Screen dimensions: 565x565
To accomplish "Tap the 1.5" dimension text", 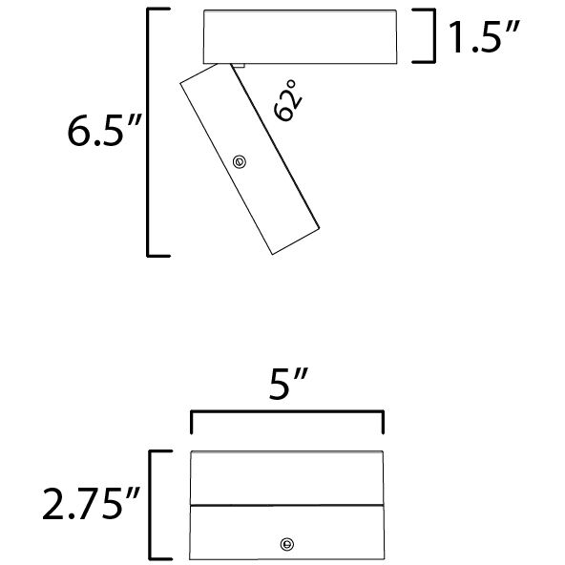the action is pyautogui.click(x=484, y=37).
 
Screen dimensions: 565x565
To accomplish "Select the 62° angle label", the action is pyautogui.click(x=288, y=100).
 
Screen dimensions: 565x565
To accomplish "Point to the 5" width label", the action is pyautogui.click(x=288, y=384).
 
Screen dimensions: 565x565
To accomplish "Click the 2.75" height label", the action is pyautogui.click(x=91, y=503).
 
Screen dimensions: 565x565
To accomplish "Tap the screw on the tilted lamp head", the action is pyautogui.click(x=240, y=162).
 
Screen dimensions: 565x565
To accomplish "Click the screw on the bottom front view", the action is pyautogui.click(x=287, y=544).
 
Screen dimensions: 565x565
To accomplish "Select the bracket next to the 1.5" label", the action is pyautogui.click(x=434, y=35).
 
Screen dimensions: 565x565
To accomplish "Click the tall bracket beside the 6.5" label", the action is pyautogui.click(x=148, y=132).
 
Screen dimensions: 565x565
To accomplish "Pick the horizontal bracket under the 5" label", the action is pyautogui.click(x=287, y=411).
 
